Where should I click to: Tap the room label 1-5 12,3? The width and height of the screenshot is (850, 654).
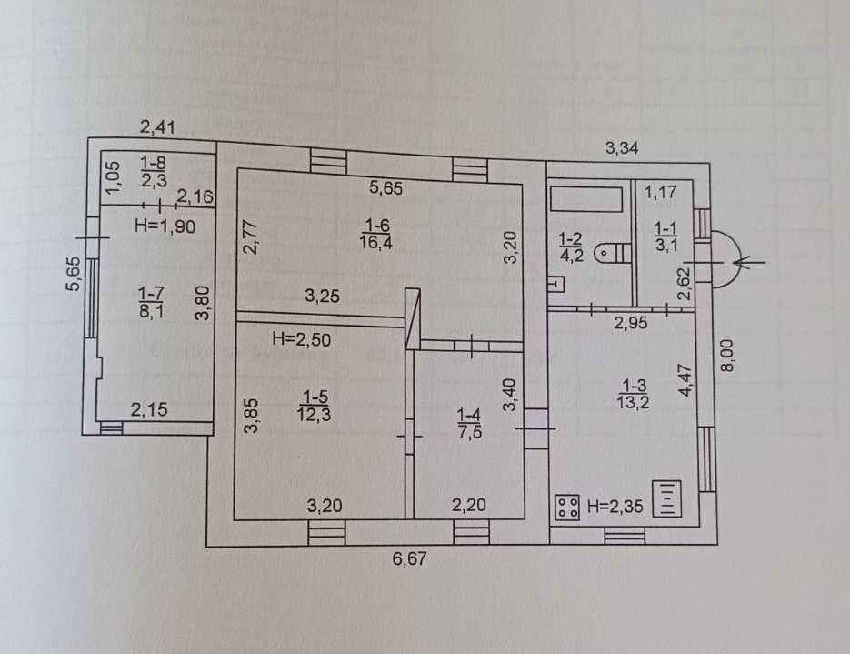coord(315,404)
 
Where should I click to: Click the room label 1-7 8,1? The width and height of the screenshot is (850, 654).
coord(151,299)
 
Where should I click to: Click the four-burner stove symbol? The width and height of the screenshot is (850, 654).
coord(568,507)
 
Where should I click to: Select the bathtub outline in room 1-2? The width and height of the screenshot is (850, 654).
coord(587,198)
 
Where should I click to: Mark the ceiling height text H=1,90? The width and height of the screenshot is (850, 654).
coord(165,226)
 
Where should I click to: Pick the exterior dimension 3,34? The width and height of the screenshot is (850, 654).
coord(625,146)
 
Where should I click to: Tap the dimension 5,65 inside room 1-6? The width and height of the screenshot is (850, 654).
coord(385,189)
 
